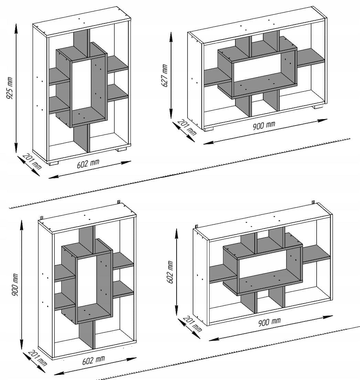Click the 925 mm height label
click(x=9, y=88)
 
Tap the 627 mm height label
click(x=164, y=75)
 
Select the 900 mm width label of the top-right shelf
click(x=264, y=126)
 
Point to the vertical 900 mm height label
click(x=15, y=285)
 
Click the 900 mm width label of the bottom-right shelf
click(x=269, y=322)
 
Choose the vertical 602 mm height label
click(x=170, y=272)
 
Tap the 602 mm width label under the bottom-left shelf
click(x=94, y=360)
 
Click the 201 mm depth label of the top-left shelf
click(x=32, y=161)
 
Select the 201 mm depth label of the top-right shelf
click(x=187, y=127)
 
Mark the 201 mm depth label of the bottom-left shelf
click(x=38, y=358)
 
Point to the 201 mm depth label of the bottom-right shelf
click(x=192, y=324)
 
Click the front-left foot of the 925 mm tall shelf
click(x=53, y=163)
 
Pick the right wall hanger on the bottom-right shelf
click(x=313, y=202)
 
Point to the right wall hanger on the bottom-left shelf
click(x=119, y=202)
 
